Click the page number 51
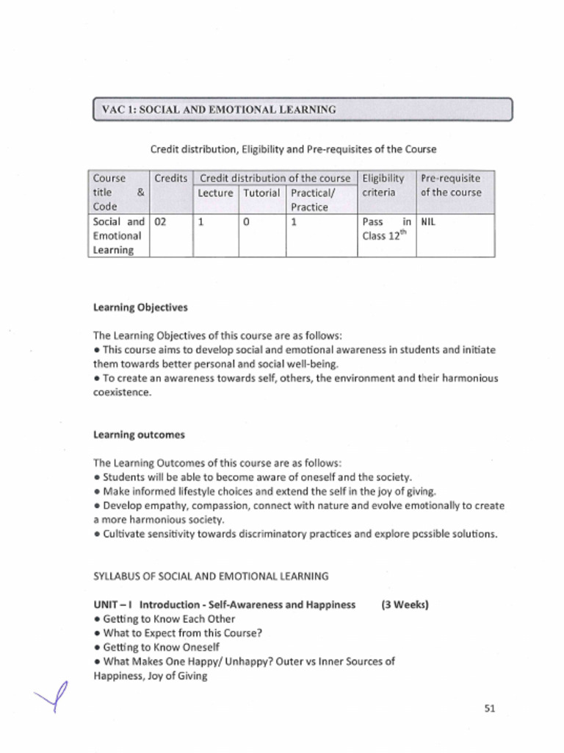[x=491, y=709]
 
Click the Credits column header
[x=170, y=179]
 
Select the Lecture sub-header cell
[x=215, y=193]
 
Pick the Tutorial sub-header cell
[x=261, y=193]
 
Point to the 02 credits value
[x=161, y=221]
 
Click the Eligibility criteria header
[x=383, y=185]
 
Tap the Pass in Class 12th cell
[x=386, y=228]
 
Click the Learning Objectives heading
[x=140, y=307]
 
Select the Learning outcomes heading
[x=139, y=435]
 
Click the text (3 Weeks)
[x=405, y=604]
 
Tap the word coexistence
[x=122, y=392]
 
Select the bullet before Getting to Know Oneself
[x=97, y=647]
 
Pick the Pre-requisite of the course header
[x=451, y=185]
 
